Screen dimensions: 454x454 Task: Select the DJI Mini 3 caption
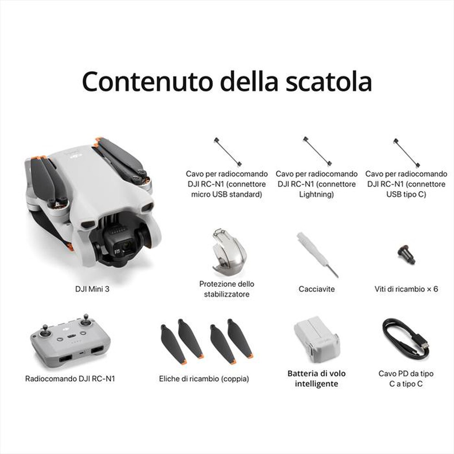(92, 289)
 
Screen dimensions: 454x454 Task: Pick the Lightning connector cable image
(316, 152)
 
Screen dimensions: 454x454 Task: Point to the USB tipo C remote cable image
(406, 153)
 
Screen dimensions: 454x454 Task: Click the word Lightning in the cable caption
(316, 194)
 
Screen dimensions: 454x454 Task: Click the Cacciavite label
(316, 289)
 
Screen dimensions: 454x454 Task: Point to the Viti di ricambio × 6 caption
(406, 289)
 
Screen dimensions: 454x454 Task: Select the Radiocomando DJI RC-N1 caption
(70, 378)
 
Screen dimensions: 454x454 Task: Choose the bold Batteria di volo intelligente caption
(316, 379)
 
